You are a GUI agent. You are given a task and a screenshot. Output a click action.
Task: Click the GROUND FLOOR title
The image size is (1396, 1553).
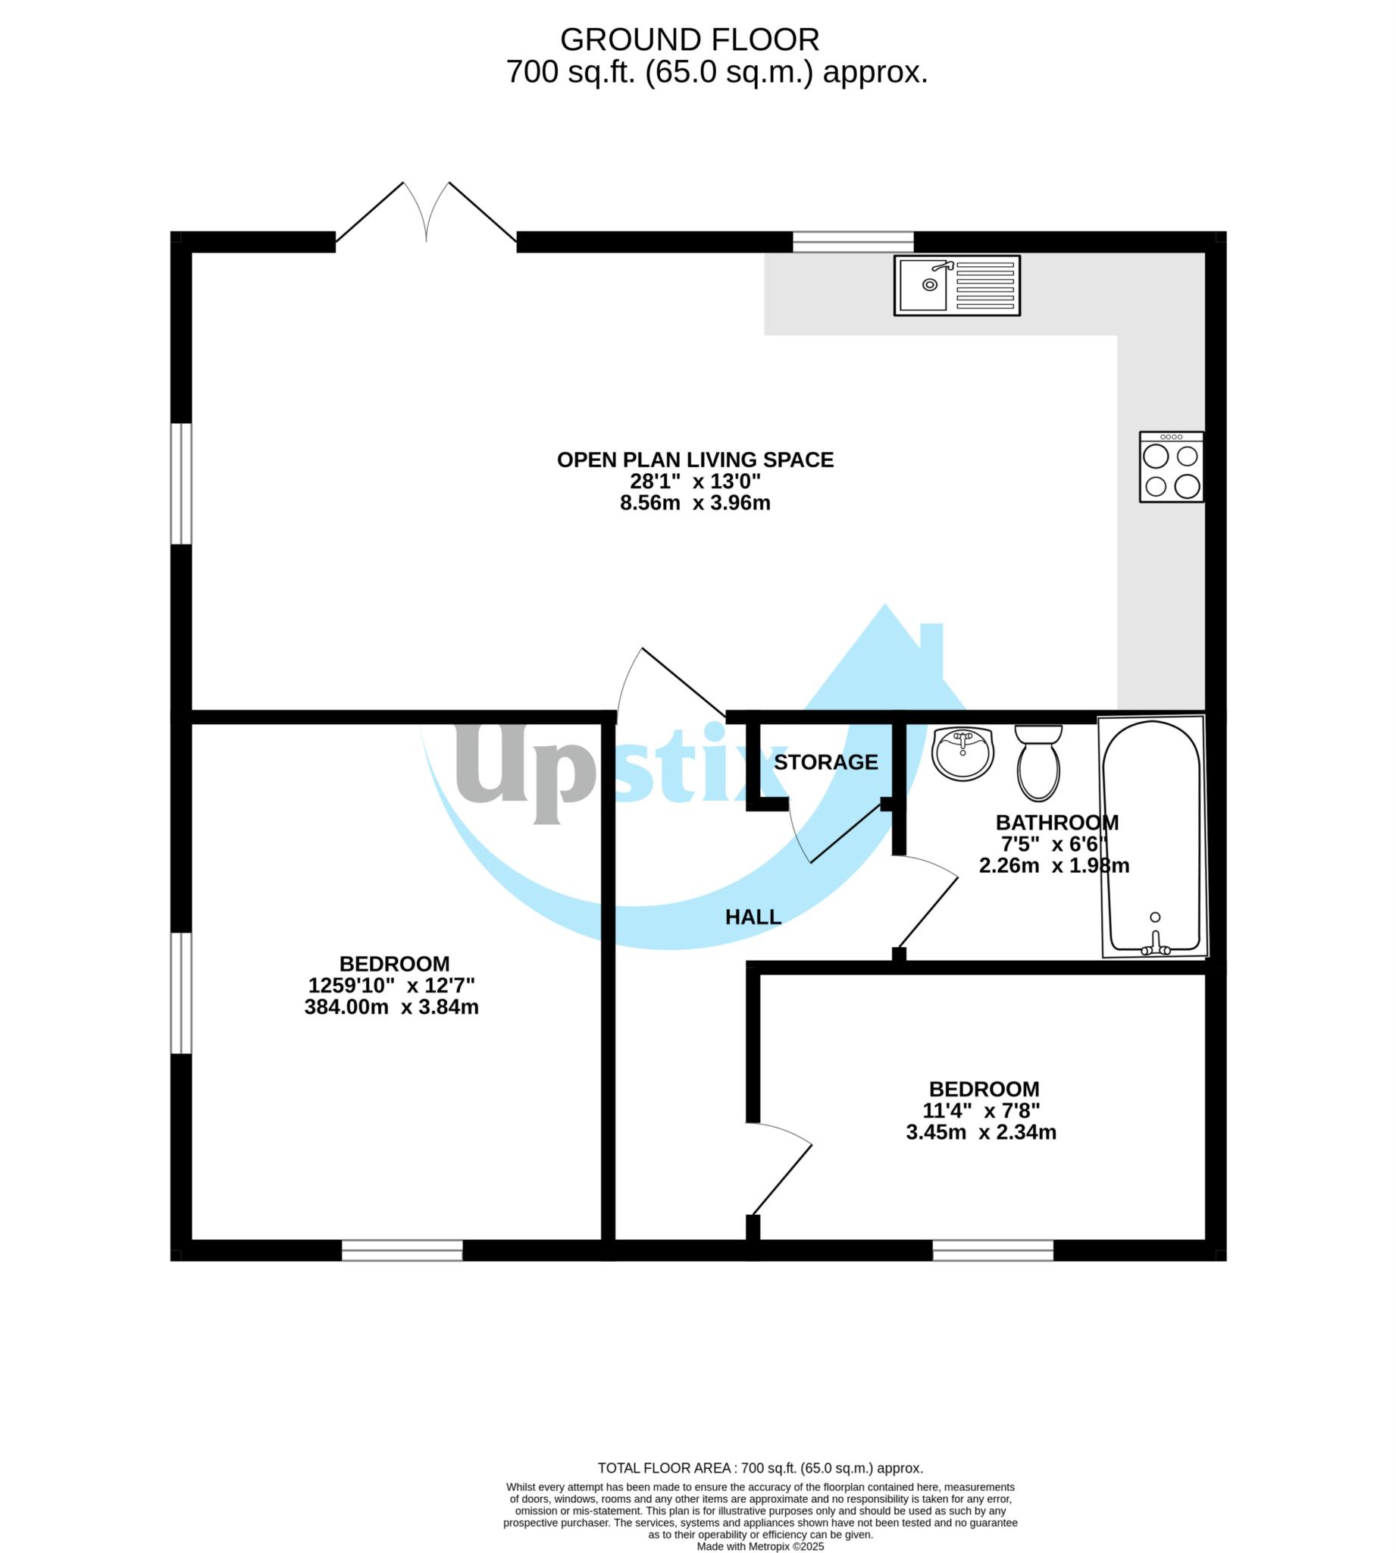tap(689, 40)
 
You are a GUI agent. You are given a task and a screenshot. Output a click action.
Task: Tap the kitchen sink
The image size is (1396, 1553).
tap(956, 285)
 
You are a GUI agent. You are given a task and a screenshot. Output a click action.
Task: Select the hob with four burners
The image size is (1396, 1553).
tap(1171, 467)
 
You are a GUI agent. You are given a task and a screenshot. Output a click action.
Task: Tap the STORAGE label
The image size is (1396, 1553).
tap(825, 762)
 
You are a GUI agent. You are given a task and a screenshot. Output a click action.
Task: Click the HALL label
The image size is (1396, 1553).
tap(753, 917)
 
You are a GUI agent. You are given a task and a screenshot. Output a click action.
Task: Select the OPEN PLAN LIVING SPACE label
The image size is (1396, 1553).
tap(695, 460)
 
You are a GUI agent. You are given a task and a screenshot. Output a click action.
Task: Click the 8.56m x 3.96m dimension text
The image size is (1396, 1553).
tap(695, 504)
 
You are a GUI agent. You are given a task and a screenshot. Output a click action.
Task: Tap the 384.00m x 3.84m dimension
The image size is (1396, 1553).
tap(391, 1007)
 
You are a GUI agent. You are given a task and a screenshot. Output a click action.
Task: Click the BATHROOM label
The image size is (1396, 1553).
tap(1057, 823)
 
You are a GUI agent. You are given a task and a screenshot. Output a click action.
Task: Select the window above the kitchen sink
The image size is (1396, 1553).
tap(853, 242)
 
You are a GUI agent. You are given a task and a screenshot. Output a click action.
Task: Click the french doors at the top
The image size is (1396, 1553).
tap(427, 215)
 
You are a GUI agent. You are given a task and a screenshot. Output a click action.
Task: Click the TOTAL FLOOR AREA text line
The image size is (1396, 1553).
tap(760, 1468)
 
